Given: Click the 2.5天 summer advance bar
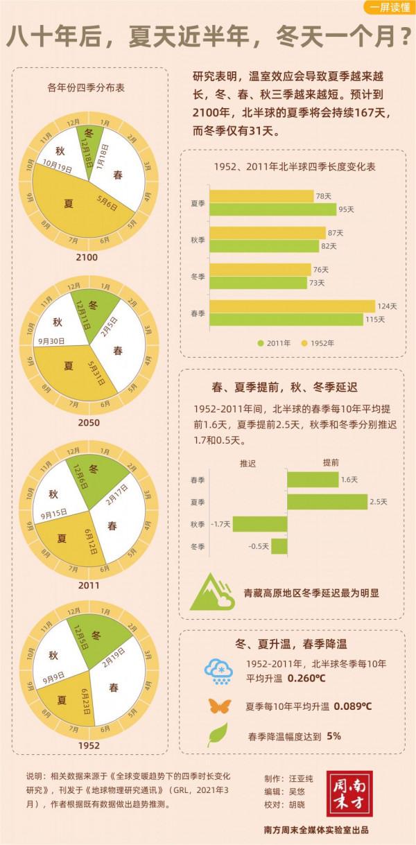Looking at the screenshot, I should [327, 501].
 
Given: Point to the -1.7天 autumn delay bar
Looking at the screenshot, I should [250, 523].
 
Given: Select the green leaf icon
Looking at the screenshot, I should [216, 735].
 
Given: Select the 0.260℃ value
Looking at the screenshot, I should [307, 677].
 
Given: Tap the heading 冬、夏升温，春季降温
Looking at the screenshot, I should [290, 641].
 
